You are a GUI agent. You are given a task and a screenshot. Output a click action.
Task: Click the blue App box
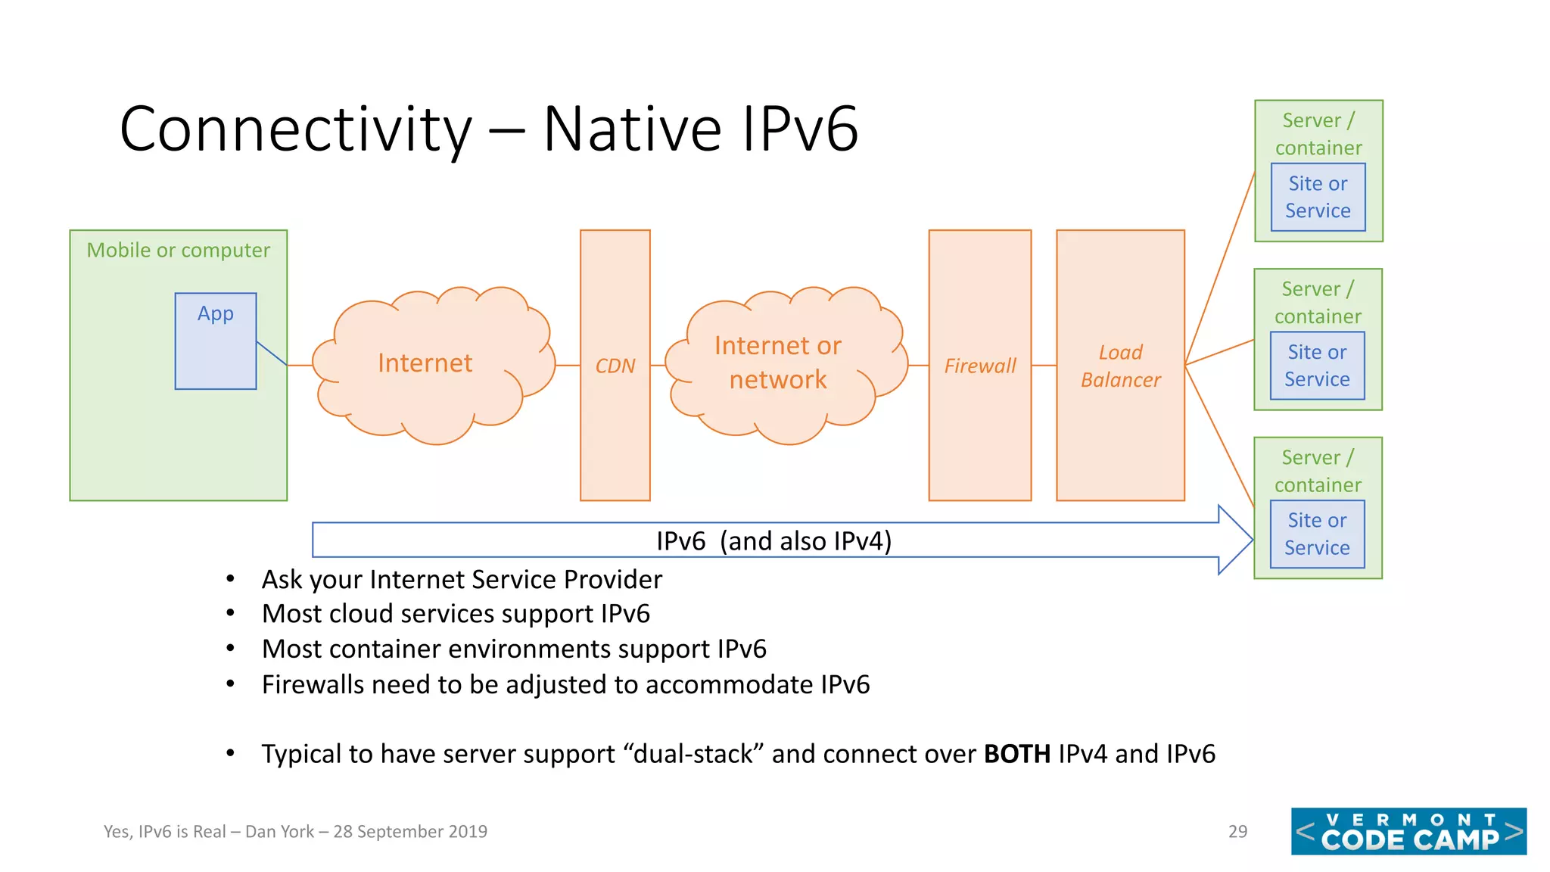click(216, 341)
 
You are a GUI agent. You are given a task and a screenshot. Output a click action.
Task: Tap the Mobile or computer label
click(178, 250)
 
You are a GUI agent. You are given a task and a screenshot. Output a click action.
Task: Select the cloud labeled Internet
click(425, 363)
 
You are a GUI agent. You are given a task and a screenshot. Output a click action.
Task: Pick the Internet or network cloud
click(778, 363)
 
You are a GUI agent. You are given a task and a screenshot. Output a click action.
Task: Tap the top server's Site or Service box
click(1318, 198)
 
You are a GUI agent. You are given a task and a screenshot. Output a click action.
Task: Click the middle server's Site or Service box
click(1317, 366)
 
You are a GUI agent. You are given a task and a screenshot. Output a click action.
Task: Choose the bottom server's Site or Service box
click(1317, 534)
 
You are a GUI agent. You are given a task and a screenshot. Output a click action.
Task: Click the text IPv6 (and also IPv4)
click(773, 541)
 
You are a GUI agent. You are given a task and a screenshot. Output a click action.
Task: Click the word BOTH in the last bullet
click(1016, 754)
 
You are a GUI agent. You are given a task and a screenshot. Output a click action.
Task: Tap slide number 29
click(1237, 831)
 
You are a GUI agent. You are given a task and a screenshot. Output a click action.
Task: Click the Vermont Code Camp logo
click(1408, 831)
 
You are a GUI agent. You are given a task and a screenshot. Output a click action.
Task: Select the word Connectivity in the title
click(295, 129)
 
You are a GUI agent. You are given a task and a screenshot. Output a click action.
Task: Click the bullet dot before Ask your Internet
click(230, 579)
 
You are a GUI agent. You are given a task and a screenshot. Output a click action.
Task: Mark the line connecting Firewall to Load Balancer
click(1044, 366)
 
